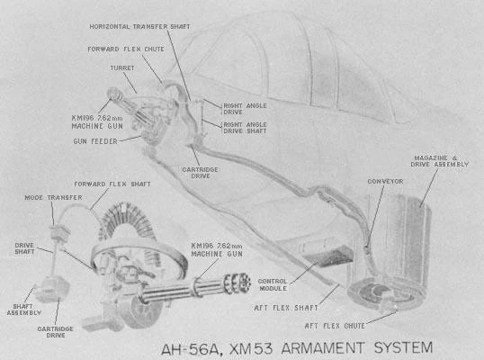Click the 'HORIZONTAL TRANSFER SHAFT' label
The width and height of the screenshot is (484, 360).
tap(139, 27)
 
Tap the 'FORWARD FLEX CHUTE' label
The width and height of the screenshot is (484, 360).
tap(126, 49)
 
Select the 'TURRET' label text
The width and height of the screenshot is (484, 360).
tap(122, 67)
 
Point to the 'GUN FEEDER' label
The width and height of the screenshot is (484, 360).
tap(95, 141)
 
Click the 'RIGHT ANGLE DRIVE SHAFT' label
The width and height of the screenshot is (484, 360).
tap(245, 128)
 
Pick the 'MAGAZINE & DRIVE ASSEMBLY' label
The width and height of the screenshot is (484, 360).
tap(440, 161)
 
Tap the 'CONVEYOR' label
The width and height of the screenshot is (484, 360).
tap(385, 182)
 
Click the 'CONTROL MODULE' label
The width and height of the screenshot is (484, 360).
tap(273, 284)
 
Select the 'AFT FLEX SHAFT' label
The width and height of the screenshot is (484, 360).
tap(286, 308)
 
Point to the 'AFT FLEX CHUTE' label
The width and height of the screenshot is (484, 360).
tap(335, 326)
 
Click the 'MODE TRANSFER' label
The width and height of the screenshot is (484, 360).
tap(53, 198)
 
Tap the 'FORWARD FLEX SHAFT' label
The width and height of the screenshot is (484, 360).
tap(112, 184)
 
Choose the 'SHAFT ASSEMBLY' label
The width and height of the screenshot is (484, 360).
tap(23, 310)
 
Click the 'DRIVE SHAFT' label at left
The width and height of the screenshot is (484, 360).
tap(24, 248)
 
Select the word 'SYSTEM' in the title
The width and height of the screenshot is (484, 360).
tap(403, 347)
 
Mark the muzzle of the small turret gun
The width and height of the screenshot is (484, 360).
tap(113, 93)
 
